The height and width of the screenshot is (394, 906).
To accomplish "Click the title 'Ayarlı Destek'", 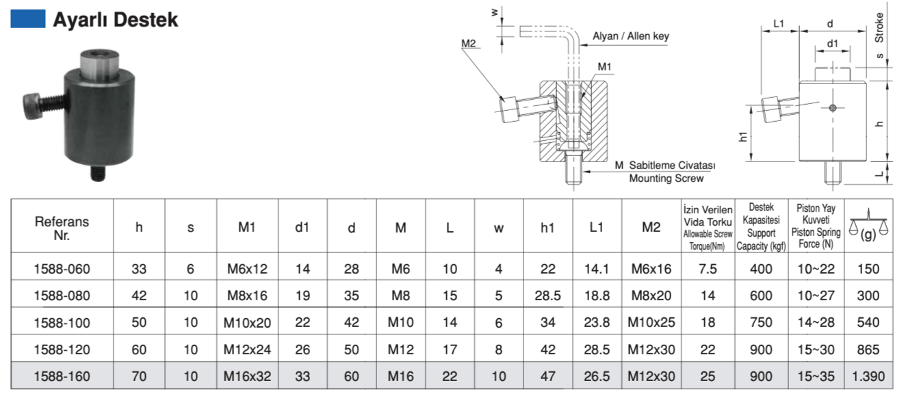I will coord(115,20).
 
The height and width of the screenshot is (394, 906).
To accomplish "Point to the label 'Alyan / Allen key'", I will coord(630,36).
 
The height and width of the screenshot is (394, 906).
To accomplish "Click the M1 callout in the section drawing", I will coord(604,66).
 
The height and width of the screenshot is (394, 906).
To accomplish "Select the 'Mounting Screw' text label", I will coord(666,179).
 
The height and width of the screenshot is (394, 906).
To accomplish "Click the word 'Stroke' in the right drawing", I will coord(879,27).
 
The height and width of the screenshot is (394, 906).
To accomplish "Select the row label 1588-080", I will coord(62,295).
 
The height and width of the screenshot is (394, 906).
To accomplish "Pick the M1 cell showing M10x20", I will coord(247,322).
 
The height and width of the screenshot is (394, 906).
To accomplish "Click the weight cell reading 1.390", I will coord(868,376).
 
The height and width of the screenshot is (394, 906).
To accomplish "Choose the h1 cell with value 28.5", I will coord(547,295).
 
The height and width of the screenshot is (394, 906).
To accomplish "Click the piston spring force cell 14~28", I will coord(816,322).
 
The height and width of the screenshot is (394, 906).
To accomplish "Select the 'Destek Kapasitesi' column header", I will coord(761,226).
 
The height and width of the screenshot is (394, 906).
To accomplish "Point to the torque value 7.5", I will coord(708,269).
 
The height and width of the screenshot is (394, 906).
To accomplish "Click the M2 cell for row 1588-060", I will coord(651,269).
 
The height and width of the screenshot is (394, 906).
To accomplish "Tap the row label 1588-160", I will coord(62,376).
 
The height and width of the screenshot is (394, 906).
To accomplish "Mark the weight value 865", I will coord(868,350).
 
